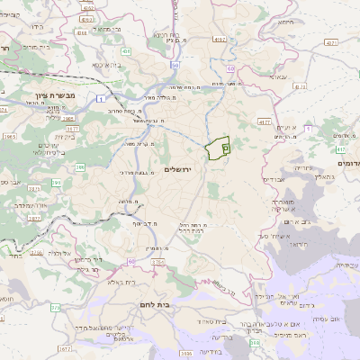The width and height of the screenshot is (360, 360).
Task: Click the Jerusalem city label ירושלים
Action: pos(181,170)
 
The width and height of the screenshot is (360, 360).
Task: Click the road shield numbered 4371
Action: pos(331,42)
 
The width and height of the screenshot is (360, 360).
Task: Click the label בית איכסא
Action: pos(107,64)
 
